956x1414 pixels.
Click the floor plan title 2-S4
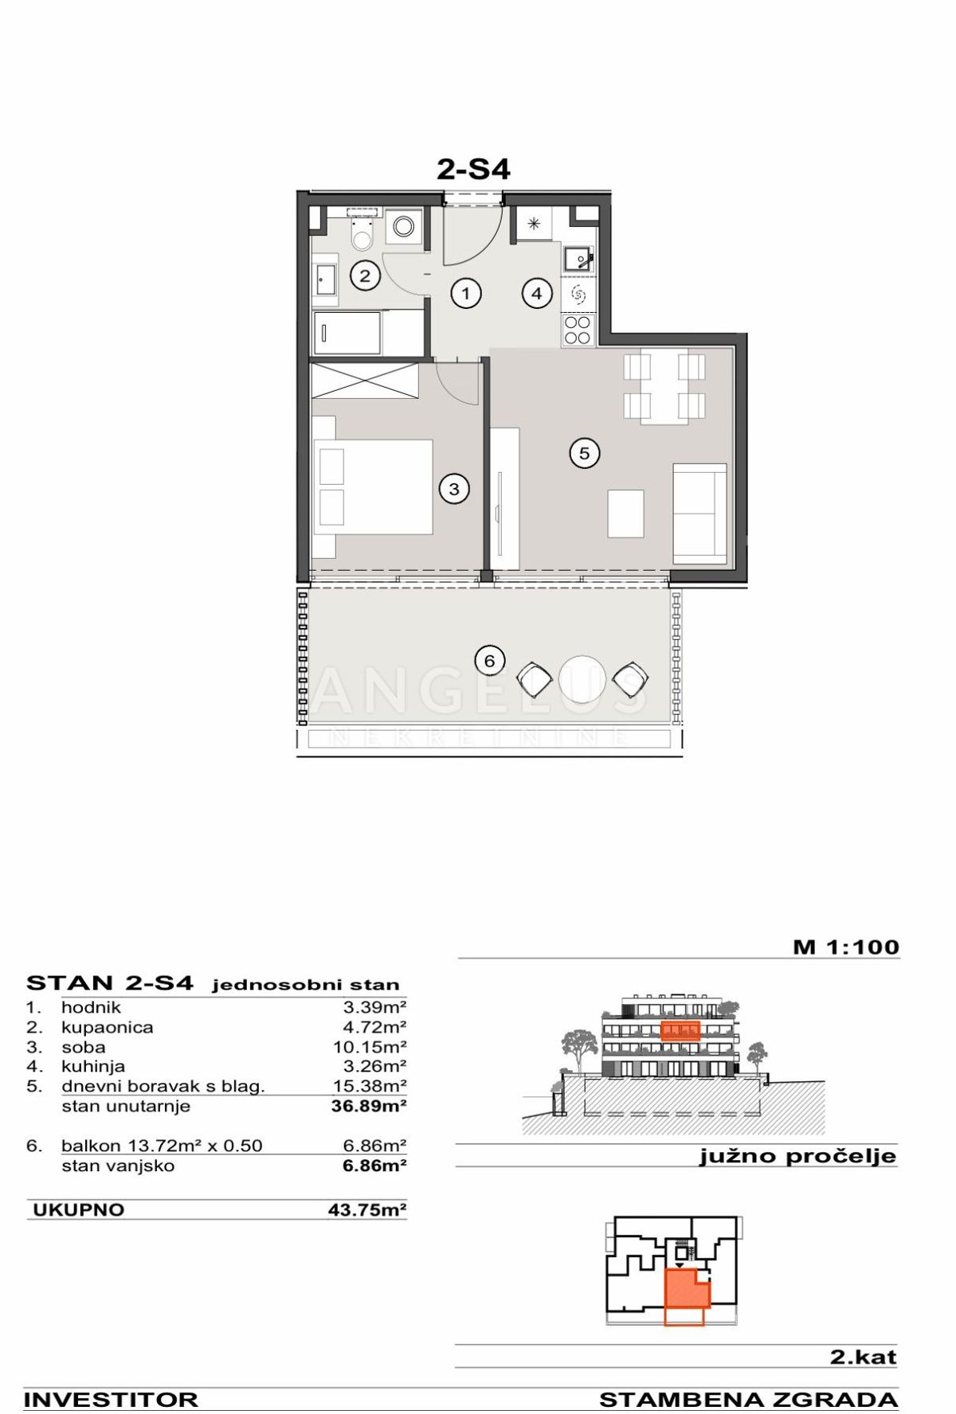pos(473,169)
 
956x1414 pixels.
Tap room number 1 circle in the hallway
pos(466,293)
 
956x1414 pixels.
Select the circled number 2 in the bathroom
pos(365,275)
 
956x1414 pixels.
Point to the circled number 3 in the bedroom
pos(454,489)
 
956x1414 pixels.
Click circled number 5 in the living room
pos(584,453)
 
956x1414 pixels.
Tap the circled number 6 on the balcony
pos(489,660)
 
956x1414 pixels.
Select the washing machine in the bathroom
pos(404,226)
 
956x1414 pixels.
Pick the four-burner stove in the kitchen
pos(578,330)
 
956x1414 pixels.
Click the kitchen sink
pos(577,259)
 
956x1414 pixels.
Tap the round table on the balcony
pos(582,679)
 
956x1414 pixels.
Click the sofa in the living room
pos(699,514)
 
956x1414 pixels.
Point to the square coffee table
pos(625,514)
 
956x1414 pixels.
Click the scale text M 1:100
pos(845,947)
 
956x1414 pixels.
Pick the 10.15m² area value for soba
pos(370,1047)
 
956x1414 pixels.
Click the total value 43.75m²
pos(367,1210)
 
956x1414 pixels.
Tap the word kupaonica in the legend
pos(107,1027)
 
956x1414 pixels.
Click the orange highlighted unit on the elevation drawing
pos(680,1031)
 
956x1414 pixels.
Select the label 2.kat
pos(863,1357)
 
